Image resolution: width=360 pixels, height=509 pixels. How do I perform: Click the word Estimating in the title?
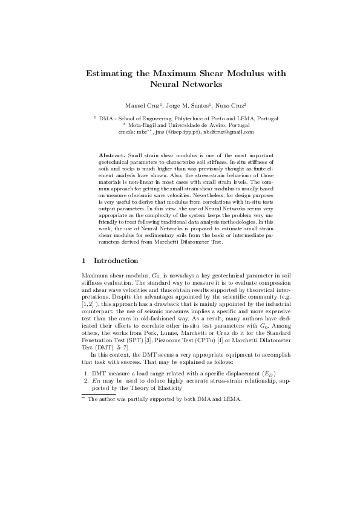coord(111,73)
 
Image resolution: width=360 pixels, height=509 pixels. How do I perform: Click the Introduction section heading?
coord(116,261)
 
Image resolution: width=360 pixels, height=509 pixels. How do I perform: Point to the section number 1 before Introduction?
coord(83,261)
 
